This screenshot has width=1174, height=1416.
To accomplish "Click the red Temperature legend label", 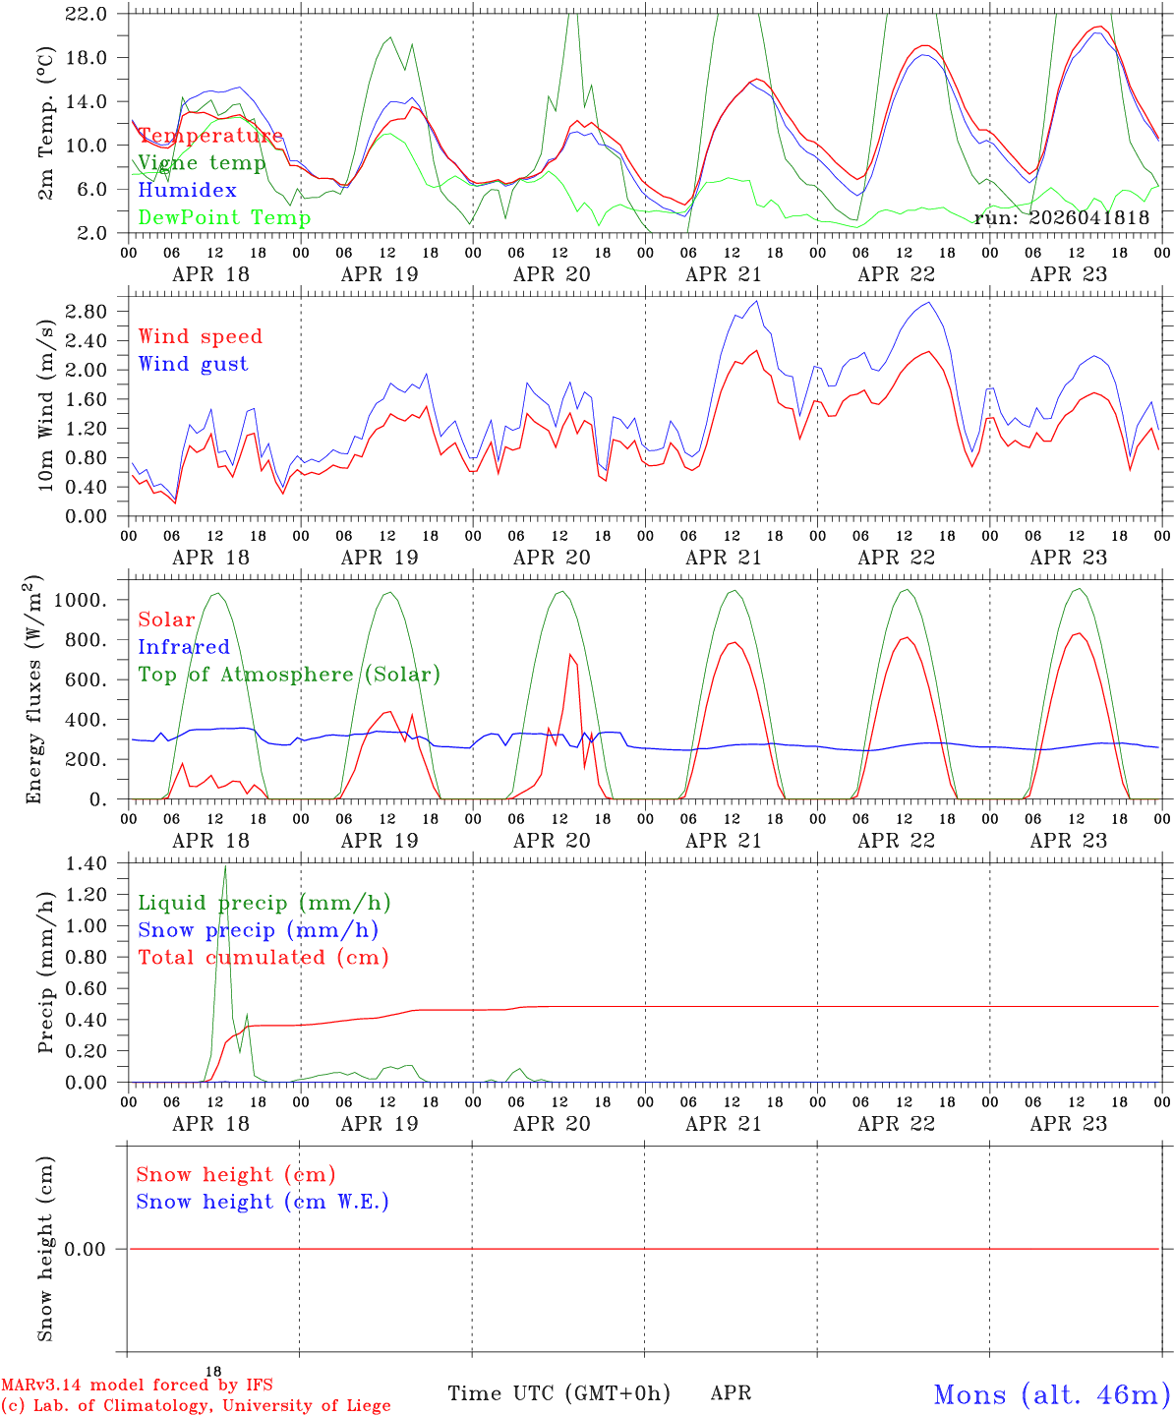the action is pos(210,136).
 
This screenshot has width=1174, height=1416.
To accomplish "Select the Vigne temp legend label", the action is pos(203,163).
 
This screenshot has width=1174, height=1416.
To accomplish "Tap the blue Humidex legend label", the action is pos(187,190).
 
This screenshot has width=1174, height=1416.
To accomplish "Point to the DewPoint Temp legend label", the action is pos(224,217).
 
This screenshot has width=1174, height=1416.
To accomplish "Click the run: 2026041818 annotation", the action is pos(1061,217).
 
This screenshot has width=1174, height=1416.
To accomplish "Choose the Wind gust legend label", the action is pos(194,364).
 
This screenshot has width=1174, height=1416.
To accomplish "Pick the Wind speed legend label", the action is pos(200,337).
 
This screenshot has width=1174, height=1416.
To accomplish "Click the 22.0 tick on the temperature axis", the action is pos(87,14).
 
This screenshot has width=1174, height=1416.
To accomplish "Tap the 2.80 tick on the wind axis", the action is pos(87,312).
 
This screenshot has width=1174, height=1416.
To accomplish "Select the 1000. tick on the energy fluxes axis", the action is pos(81,600).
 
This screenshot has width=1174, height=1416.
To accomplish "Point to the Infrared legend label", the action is pos(184,647).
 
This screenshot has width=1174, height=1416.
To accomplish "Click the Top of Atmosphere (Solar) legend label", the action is pos(290,675).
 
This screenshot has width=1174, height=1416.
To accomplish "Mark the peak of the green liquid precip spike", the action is pos(225,866).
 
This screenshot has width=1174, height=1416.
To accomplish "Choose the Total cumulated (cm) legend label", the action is pos(264,958).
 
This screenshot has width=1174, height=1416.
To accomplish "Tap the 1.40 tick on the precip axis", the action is pos(87,864).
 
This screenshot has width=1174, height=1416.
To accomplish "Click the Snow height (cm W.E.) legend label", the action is pos(263,1202).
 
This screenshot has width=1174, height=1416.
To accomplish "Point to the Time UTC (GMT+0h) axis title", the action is pos(558,1393).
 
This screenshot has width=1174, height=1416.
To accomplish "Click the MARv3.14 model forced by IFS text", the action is pos(137,1385).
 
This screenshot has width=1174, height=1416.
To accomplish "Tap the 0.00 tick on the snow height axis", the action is pos(85,1249).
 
